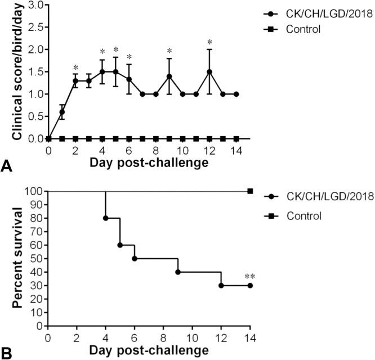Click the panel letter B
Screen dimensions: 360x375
(6, 353)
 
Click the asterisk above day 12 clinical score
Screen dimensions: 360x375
(209, 42)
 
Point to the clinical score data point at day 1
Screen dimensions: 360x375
(62, 112)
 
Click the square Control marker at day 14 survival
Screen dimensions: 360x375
(250, 191)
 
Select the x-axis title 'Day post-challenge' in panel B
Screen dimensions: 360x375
(149, 350)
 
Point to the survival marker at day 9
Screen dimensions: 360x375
(178, 272)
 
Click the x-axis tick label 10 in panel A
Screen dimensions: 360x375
(182, 151)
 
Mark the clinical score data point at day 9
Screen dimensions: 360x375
(169, 76)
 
